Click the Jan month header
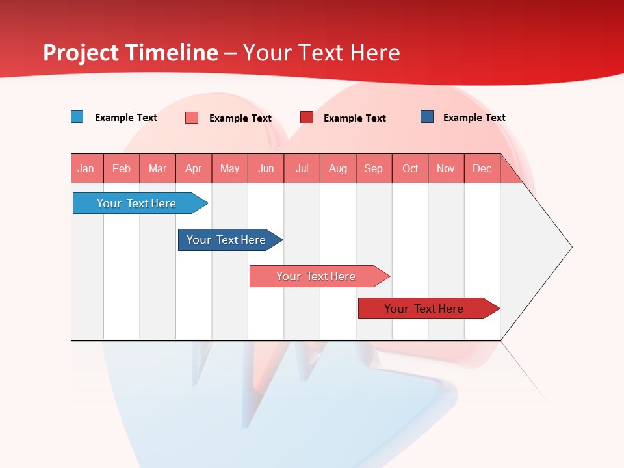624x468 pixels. coord(86,168)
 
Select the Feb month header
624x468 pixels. coord(122,168)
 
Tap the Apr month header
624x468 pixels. coord(193,168)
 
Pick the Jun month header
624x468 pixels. coord(266,168)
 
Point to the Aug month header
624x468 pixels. coord(337,168)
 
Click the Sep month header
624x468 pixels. coord(373,168)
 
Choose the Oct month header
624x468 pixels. coord(410,168)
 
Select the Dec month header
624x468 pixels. coord(482,168)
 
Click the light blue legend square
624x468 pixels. coord(77,117)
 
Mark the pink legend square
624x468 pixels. coord(192,118)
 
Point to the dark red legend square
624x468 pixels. coord(307,118)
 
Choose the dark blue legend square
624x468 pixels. coord(427,117)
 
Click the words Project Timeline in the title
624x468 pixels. coord(131,53)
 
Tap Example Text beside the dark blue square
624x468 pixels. coord(474,118)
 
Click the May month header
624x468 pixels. coord(229,168)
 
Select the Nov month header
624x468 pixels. coord(446,168)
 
